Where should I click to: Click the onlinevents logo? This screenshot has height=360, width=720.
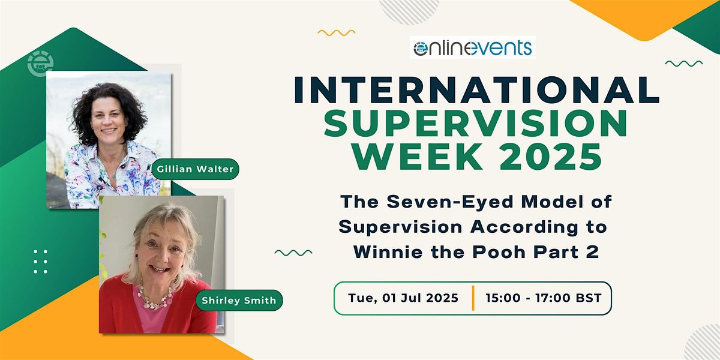click(x=472, y=47)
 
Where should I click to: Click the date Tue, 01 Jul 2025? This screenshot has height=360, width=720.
click(x=403, y=298)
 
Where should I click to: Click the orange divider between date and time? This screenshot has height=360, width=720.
click(x=473, y=298)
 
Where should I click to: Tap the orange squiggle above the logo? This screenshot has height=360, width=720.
click(x=336, y=32)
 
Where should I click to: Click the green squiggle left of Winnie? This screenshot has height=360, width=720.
click(x=293, y=253)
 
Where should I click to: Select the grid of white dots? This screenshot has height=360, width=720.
click(x=40, y=262)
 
